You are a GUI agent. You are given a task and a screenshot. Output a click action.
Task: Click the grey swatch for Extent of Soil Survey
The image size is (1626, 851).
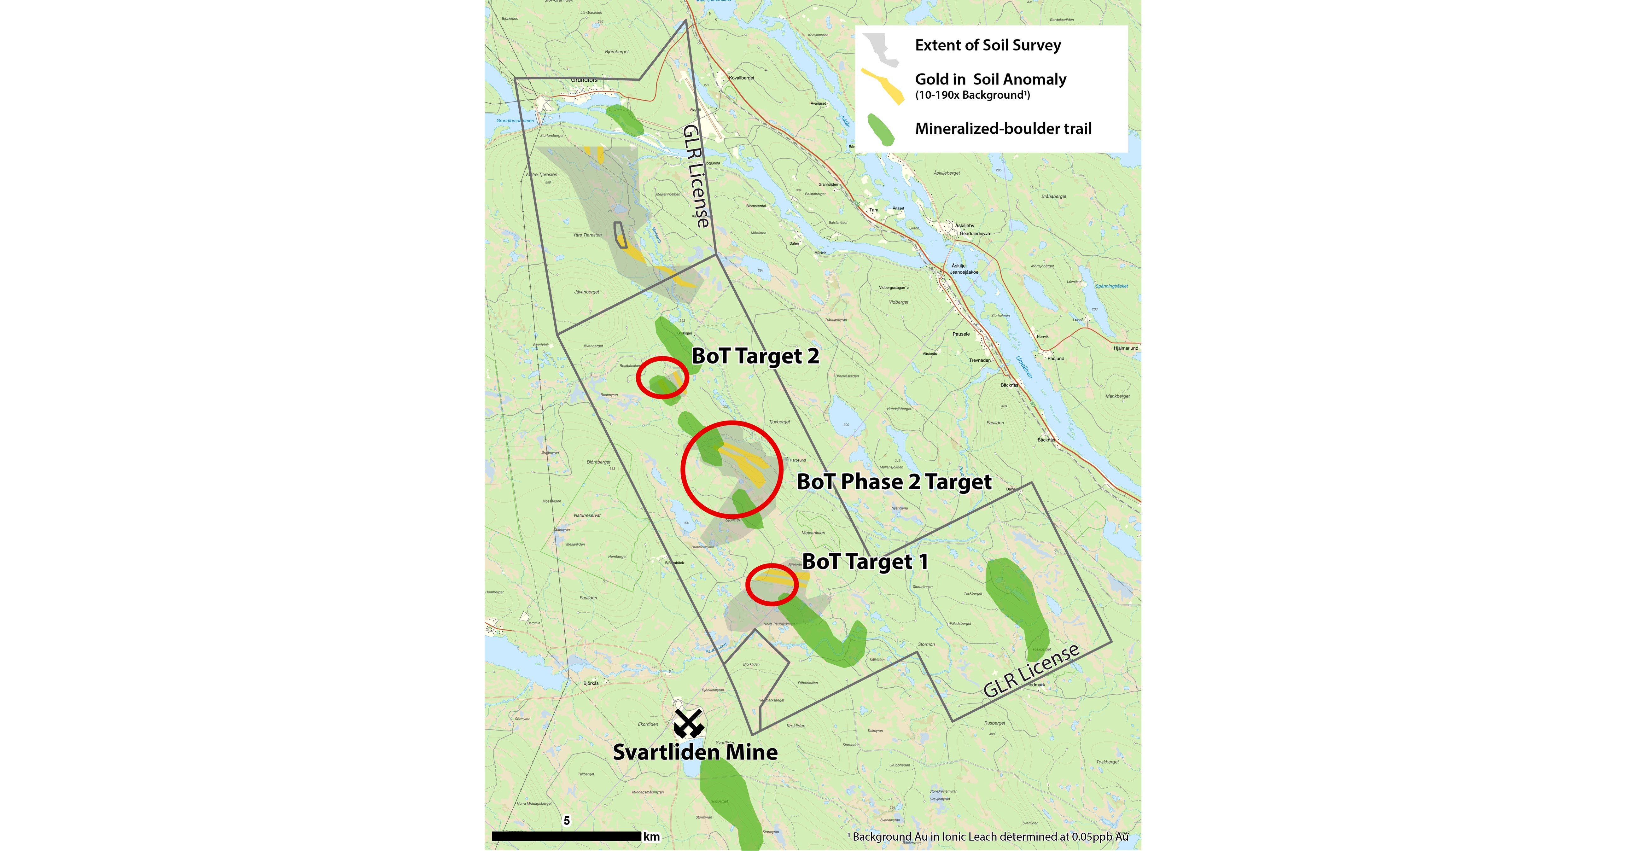[x=881, y=49]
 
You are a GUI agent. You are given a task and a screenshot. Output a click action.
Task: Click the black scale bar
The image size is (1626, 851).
[x=566, y=836]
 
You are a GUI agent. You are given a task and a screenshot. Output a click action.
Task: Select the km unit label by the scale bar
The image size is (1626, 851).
[x=651, y=836]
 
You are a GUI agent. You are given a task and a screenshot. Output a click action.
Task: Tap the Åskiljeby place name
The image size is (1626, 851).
[x=965, y=225]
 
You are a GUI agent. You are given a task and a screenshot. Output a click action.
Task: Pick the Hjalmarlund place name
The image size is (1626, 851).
[x=1125, y=348]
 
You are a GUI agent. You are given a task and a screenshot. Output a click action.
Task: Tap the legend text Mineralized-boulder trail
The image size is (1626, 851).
[x=1003, y=129]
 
